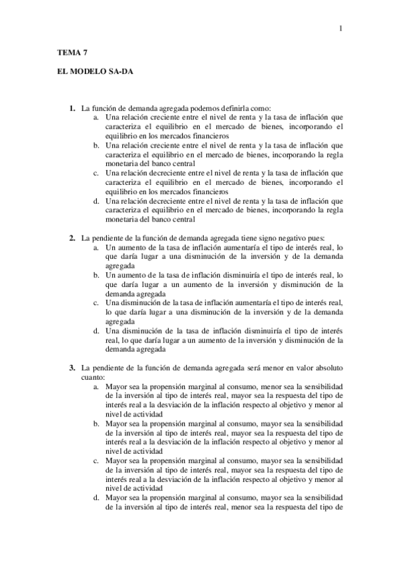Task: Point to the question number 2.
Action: click(73, 237)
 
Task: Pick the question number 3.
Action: click(73, 368)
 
